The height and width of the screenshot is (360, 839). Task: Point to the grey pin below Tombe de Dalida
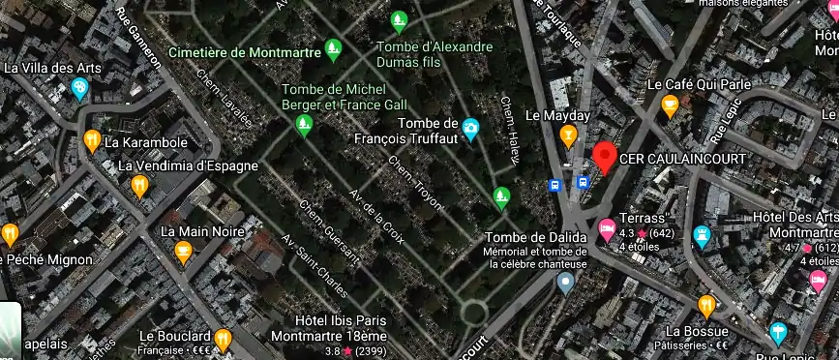coord(565,283)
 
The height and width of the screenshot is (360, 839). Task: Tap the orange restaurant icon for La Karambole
coord(92,141)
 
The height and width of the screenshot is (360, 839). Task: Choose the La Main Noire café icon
coord(182,252)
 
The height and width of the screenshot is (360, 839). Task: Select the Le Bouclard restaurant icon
coord(223,340)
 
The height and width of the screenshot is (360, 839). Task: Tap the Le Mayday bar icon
coord(569,135)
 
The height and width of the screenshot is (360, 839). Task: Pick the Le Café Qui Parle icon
coord(669,105)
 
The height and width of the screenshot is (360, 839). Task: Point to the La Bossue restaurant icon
coord(706,306)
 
